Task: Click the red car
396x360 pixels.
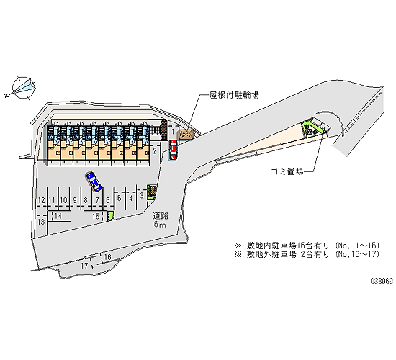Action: click(174, 149)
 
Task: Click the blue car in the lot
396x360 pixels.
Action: click(94, 181)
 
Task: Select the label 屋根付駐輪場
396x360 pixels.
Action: click(234, 95)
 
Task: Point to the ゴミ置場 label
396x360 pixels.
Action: click(287, 171)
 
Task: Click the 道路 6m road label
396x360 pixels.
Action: click(161, 220)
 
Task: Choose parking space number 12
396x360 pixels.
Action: click(42, 200)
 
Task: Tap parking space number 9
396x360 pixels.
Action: click(74, 200)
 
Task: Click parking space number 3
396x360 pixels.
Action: click(142, 195)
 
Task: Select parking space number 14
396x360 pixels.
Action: click(58, 216)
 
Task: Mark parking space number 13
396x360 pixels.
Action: click(41, 222)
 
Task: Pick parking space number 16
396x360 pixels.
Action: click(108, 257)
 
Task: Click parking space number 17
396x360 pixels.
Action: click(85, 266)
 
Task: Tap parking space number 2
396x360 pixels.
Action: click(155, 151)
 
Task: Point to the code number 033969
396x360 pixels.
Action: click(382, 282)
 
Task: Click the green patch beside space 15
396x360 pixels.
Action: click(111, 216)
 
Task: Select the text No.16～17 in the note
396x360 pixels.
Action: click(358, 254)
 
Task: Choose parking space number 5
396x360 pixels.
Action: click(120, 198)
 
